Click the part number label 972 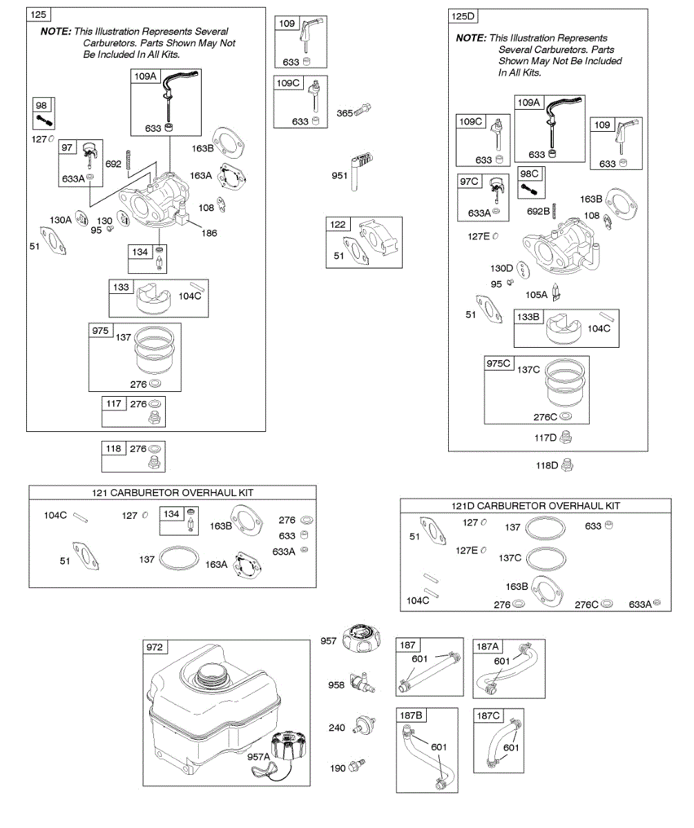click(154, 647)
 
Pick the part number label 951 click(339, 175)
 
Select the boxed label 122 click(338, 224)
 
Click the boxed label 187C click(488, 716)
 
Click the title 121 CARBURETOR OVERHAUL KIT click(173, 493)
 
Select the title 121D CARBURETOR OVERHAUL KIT click(536, 506)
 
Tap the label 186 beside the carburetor click(209, 233)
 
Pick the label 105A click(537, 295)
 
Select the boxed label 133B click(530, 317)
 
